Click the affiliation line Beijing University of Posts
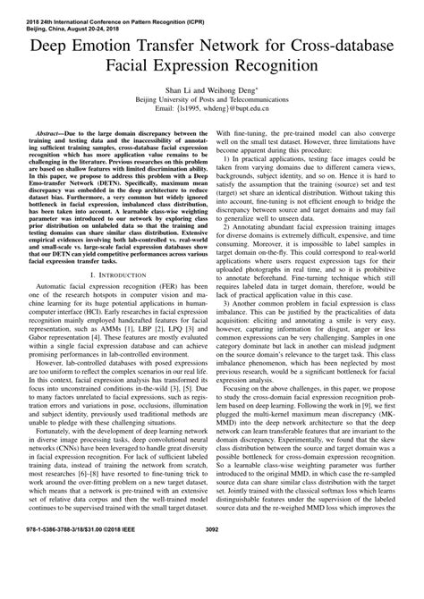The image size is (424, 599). pos(212,100)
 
